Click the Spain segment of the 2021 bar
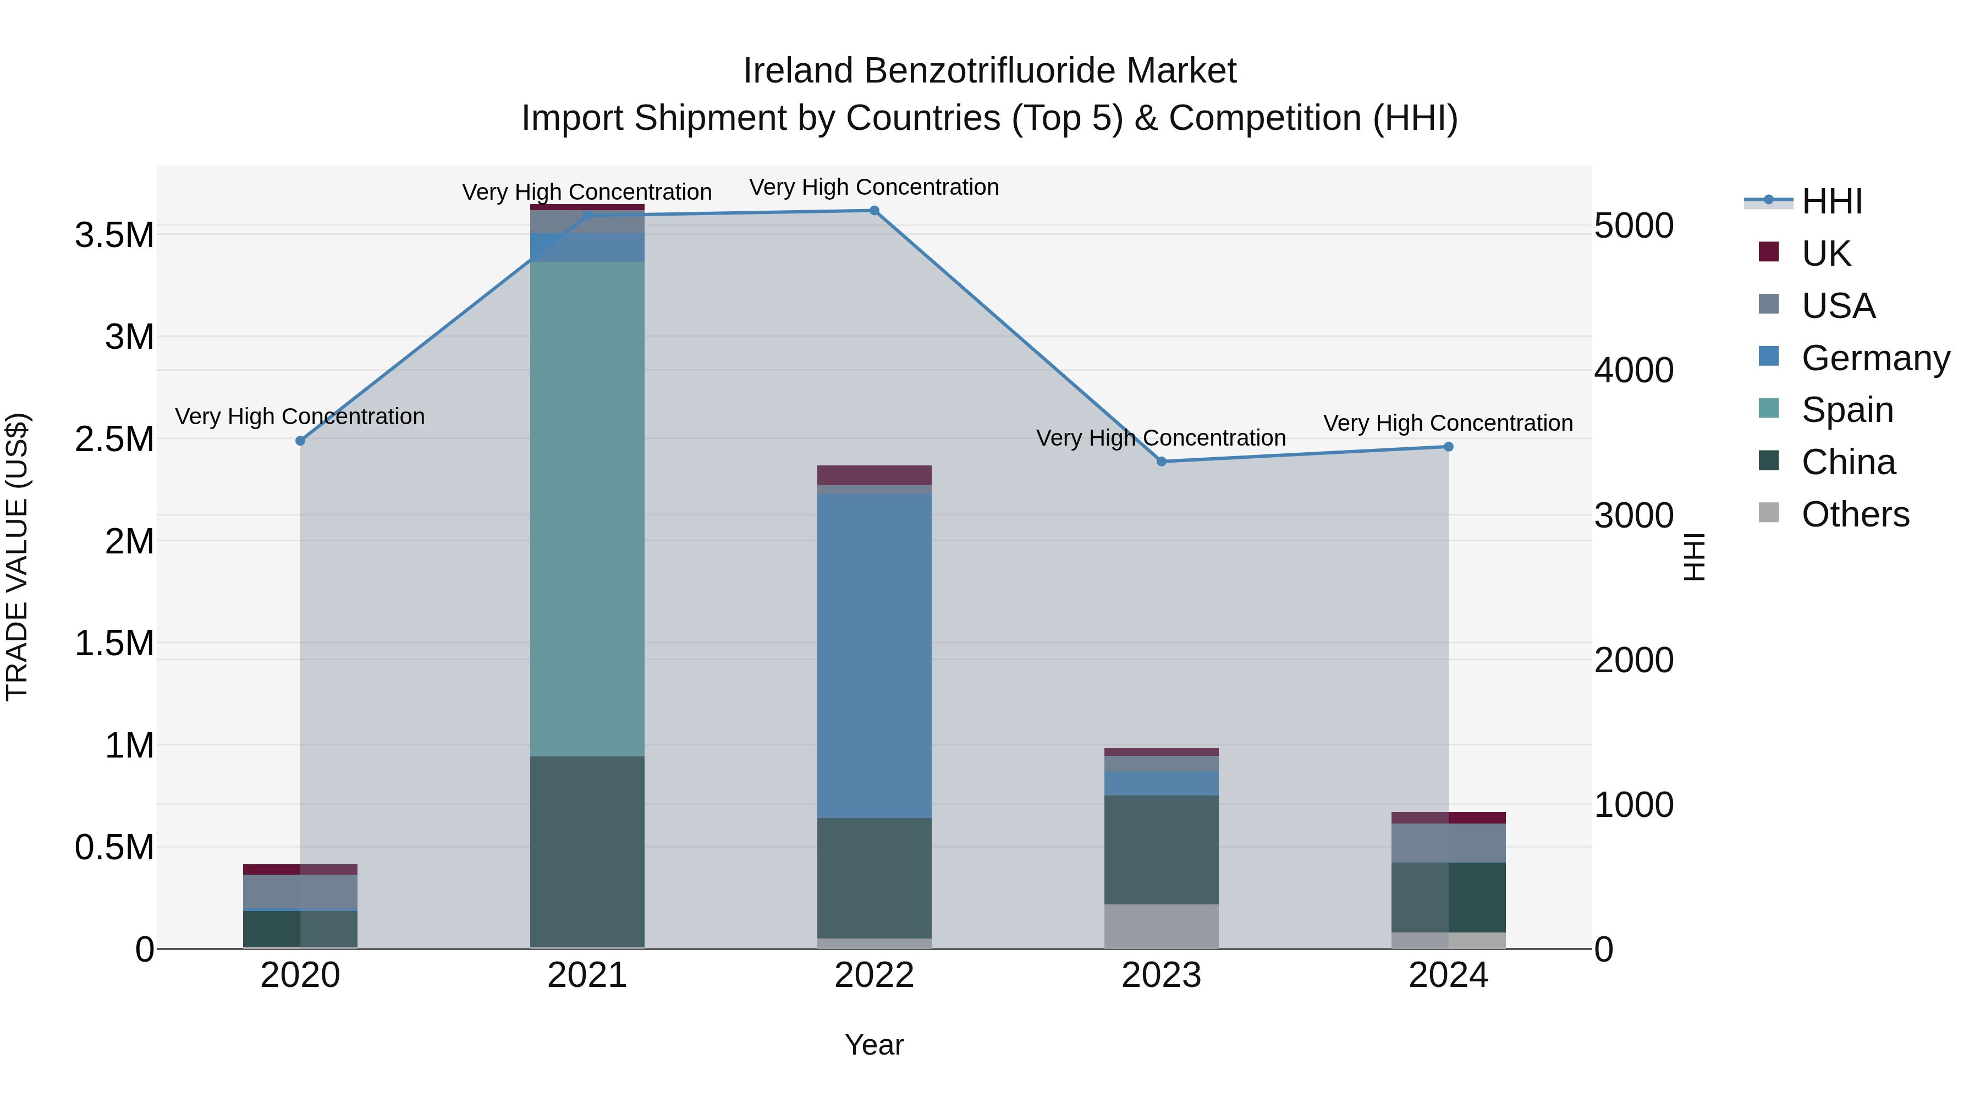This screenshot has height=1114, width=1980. click(587, 507)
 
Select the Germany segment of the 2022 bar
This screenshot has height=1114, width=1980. click(874, 655)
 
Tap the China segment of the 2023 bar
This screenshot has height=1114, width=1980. click(1162, 849)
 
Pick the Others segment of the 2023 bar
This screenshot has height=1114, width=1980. click(1162, 926)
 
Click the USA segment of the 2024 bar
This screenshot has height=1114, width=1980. click(1448, 843)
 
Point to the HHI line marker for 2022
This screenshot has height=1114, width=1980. click(874, 211)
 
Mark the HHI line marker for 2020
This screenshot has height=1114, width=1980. click(300, 441)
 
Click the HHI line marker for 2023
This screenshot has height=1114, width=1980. click(1162, 462)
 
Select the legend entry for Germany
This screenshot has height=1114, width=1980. click(1875, 358)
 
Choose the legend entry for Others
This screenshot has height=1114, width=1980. click(1855, 514)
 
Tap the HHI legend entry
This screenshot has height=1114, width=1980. click(1831, 201)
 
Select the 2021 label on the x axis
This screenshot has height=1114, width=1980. click(587, 975)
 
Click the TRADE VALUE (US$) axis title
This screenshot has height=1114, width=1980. click(17, 557)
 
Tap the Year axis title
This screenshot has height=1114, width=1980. click(874, 1045)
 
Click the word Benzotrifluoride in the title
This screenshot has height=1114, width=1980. click(990, 71)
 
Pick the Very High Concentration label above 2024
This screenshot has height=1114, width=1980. click(1448, 423)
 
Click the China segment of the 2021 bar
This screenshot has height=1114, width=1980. click(587, 851)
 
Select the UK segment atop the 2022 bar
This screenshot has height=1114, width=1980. click(874, 475)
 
